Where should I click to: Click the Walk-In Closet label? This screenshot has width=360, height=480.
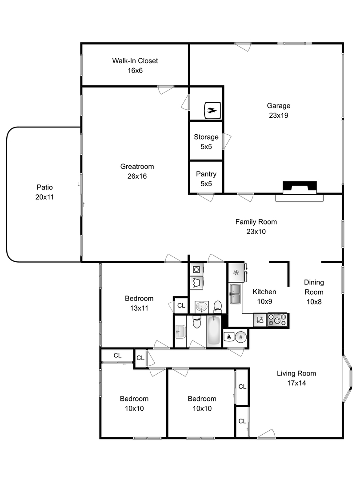tap(135, 60)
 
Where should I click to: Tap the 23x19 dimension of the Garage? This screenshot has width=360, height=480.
tap(279, 116)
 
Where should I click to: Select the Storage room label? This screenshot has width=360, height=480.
tap(206, 137)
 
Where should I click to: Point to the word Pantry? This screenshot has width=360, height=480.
tap(206, 174)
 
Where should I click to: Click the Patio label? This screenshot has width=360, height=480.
tap(45, 187)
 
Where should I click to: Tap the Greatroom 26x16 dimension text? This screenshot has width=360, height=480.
tap(137, 176)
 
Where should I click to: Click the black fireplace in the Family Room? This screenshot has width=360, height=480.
tap(300, 188)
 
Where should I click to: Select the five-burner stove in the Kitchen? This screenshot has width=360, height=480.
tap(277, 320)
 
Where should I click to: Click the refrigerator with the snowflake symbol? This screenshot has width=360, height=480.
tap(236, 272)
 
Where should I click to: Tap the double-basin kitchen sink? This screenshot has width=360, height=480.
tap(236, 294)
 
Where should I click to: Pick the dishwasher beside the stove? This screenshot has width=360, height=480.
tap(260, 320)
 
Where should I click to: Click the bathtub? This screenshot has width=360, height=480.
tap(213, 331)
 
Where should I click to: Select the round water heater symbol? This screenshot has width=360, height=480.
tap(241, 337)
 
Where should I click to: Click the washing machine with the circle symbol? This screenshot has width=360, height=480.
tap(196, 269)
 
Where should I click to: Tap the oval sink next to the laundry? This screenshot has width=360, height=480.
tap(202, 306)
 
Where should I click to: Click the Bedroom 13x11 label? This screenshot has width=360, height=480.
tap(139, 303)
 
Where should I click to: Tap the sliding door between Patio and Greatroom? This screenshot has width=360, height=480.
tap(81, 195)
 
